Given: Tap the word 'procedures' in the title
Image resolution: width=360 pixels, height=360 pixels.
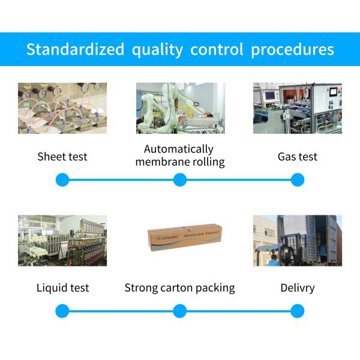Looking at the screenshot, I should [x=292, y=49].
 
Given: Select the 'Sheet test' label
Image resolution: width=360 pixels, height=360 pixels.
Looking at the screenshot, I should [x=62, y=157].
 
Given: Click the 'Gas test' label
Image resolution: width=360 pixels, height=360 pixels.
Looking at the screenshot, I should [x=298, y=157].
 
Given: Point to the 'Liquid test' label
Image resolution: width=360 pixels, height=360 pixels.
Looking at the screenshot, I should [x=62, y=288].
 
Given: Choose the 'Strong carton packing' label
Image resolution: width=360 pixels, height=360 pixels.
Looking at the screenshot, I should [x=179, y=288].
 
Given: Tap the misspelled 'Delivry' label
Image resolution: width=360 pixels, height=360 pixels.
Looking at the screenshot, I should [x=298, y=288].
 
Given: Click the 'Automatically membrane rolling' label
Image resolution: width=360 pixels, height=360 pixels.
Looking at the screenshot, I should [x=179, y=155].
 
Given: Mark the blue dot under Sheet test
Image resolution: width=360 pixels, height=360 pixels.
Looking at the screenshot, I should [x=62, y=179].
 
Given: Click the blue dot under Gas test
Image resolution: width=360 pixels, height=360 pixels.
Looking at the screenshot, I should [x=298, y=179].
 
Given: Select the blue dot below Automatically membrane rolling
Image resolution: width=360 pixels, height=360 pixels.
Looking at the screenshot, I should [x=179, y=179].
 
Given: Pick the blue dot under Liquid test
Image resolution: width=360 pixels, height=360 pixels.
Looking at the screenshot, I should [x=62, y=311].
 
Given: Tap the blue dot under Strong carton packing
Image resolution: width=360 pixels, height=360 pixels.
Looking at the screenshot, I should [x=179, y=311].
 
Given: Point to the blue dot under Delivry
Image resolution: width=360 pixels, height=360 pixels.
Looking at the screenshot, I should [x=298, y=311].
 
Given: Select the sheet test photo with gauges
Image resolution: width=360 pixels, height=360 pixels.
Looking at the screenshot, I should [x=62, y=108].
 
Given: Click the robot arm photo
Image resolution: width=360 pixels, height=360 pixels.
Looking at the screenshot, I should [x=180, y=108].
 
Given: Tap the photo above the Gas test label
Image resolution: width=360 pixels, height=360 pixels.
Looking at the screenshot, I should [x=298, y=108].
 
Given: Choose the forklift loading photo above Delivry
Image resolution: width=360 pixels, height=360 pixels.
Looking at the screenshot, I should [x=298, y=240].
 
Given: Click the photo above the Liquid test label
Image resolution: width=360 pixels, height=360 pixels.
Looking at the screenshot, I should [x=62, y=240].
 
